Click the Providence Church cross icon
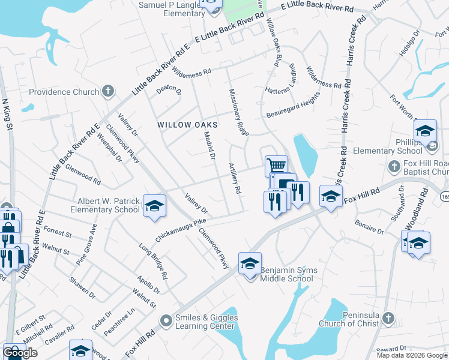point(108,92)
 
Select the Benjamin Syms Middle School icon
point(250,262)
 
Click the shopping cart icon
point(276,165)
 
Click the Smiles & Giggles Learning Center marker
point(166,322)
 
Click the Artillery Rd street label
point(234,178)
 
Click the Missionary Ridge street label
point(239,112)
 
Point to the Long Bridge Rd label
point(153,261)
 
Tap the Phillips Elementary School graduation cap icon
point(424,130)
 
